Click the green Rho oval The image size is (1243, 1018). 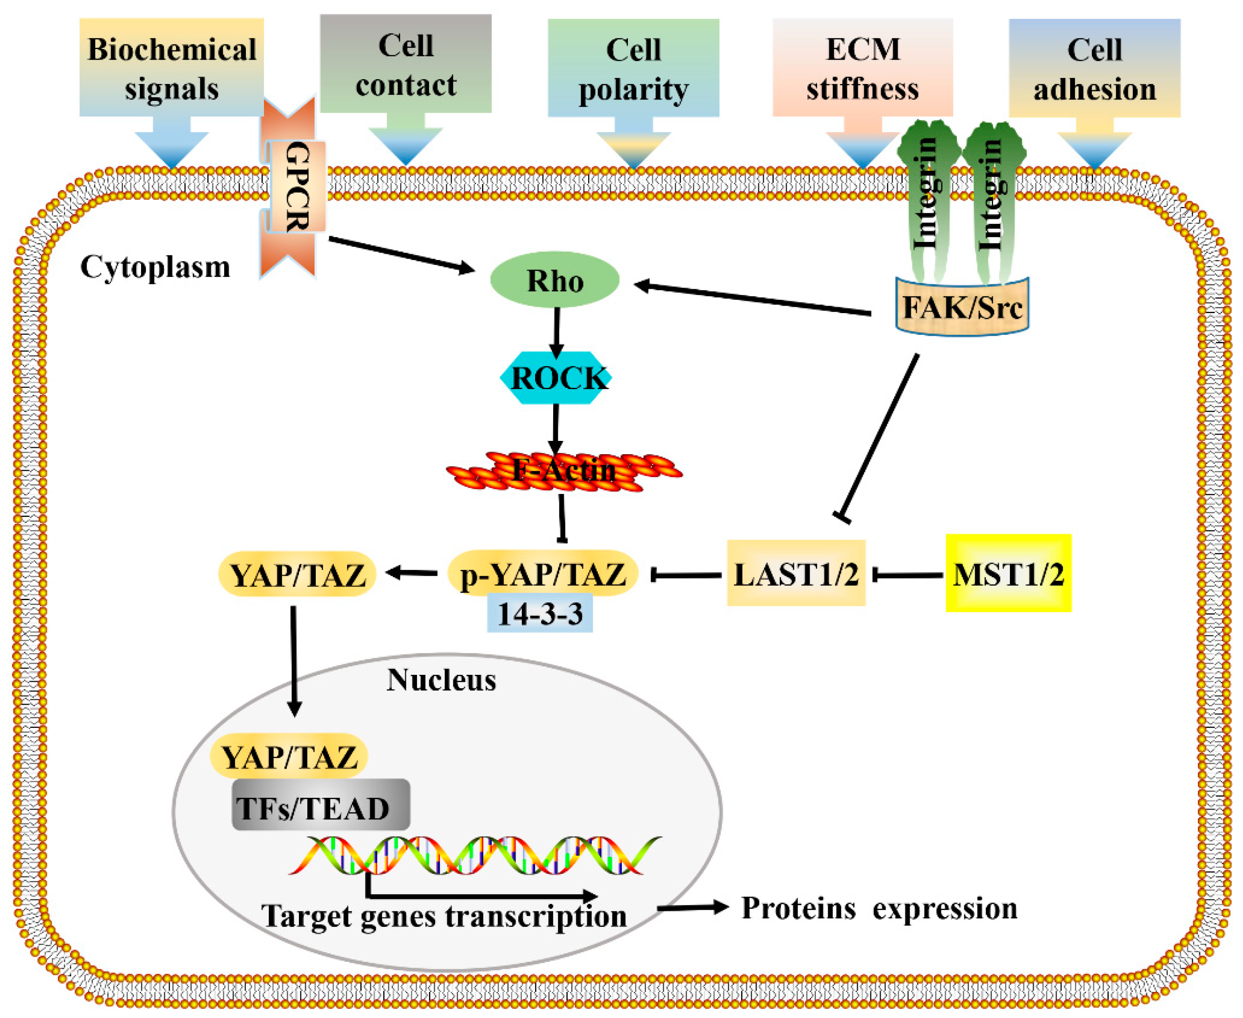coord(554,280)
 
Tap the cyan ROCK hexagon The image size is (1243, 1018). coord(555,378)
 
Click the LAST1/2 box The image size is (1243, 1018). coord(796,574)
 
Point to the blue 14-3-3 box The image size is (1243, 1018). coord(539,613)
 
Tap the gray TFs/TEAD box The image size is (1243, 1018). coord(320,808)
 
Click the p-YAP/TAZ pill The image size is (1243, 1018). coord(542,574)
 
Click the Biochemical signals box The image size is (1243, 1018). coord(171,67)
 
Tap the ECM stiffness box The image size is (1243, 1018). coord(862,67)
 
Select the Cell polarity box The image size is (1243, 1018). coord(633,67)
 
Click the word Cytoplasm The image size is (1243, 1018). coord(155,267)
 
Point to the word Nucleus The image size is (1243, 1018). coord(441,680)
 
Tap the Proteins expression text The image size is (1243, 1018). coord(878,908)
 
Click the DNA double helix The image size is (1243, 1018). coord(475,855)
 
